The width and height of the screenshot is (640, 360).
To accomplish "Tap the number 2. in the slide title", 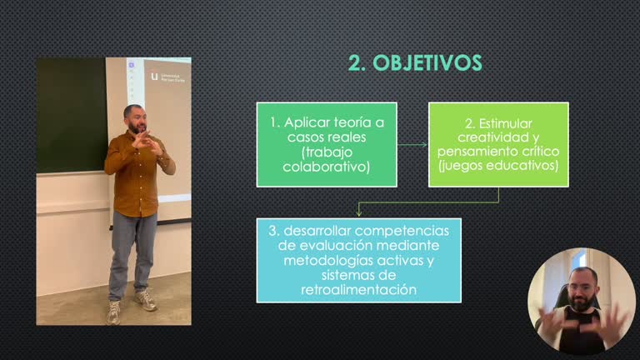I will (x=357, y=63).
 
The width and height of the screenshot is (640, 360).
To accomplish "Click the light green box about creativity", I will (x=498, y=144).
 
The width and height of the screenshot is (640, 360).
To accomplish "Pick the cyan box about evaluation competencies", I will (x=358, y=259).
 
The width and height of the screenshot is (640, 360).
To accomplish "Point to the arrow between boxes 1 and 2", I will (x=412, y=144).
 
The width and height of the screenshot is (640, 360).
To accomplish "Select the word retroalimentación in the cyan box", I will (x=358, y=290).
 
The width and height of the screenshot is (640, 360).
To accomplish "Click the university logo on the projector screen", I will (x=154, y=77).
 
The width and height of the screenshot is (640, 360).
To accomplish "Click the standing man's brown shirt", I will (x=136, y=175).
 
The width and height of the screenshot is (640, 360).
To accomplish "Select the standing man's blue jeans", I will (x=133, y=250).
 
